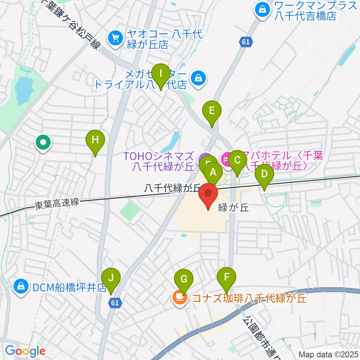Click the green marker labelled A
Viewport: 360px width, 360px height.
click(213, 173)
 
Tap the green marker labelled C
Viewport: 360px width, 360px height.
click(237, 161)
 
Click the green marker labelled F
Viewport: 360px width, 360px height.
click(226, 278)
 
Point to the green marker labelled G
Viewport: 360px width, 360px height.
click(184, 279)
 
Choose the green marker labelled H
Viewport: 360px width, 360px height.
click(95, 141)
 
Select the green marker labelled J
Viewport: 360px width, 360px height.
click(111, 279)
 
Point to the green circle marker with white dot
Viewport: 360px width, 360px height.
click(43, 142)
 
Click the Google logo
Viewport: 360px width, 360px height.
click(25, 351)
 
